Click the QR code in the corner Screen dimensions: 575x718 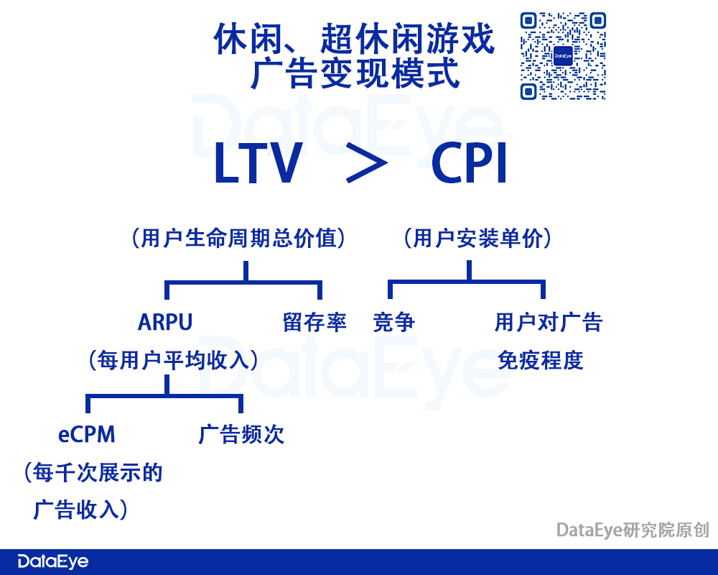click(x=563, y=55)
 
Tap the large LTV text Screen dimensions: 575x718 click(x=257, y=165)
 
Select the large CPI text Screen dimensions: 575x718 click(x=470, y=165)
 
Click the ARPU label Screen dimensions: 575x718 click(x=165, y=322)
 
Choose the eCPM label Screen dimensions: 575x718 click(x=87, y=434)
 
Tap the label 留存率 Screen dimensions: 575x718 click(x=315, y=322)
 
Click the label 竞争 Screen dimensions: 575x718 click(x=394, y=322)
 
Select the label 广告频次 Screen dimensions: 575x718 click(x=241, y=434)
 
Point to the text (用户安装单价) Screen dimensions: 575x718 click(x=477, y=238)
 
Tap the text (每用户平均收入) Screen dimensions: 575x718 click(x=172, y=359)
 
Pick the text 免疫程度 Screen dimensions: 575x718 click(x=541, y=359)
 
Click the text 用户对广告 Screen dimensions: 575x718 click(x=549, y=322)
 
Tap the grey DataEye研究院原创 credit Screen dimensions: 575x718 click(x=633, y=530)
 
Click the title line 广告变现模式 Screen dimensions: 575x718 click(x=355, y=74)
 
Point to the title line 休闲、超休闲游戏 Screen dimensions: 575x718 click(x=355, y=39)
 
